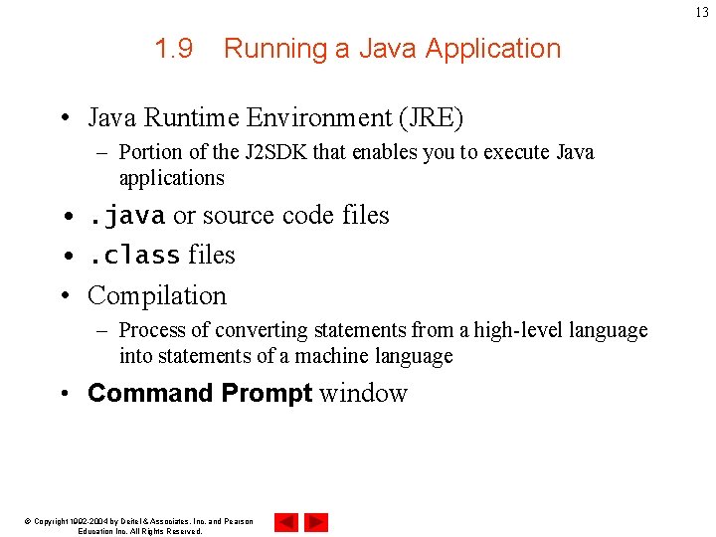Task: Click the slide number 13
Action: (x=702, y=12)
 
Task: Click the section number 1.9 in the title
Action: (x=174, y=49)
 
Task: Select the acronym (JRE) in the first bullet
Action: (x=431, y=118)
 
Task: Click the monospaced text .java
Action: (x=127, y=215)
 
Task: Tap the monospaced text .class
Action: (x=134, y=256)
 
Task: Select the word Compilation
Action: (x=157, y=295)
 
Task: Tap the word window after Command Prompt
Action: (x=363, y=394)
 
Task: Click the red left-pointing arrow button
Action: (x=286, y=522)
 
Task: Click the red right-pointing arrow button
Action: (x=316, y=522)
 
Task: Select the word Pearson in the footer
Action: (x=236, y=522)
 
